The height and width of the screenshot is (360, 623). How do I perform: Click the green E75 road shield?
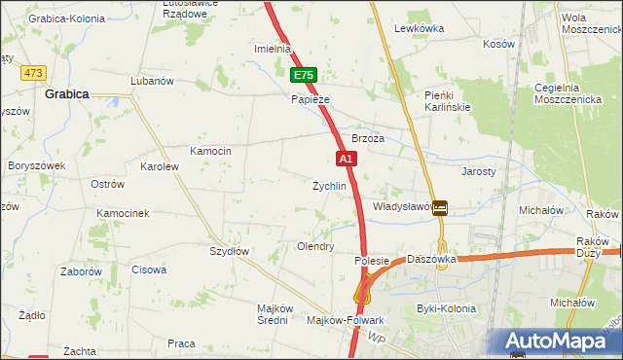304,75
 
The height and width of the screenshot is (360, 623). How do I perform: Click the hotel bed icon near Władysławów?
441,206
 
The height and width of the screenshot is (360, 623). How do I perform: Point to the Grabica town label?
67,94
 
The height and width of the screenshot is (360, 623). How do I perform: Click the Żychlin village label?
329,186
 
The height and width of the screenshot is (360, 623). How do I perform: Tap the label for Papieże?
311,99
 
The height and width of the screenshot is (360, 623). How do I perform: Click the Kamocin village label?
210,151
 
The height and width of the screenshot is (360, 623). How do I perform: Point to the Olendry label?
315,247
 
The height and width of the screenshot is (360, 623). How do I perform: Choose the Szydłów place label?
231,251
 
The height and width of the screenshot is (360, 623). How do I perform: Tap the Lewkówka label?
420,29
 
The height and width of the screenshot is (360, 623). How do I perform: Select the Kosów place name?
498,44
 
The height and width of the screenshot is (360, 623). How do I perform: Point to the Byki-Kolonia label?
446,308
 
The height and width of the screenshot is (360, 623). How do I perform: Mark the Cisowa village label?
149,270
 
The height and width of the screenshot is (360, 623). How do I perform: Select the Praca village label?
181,343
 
